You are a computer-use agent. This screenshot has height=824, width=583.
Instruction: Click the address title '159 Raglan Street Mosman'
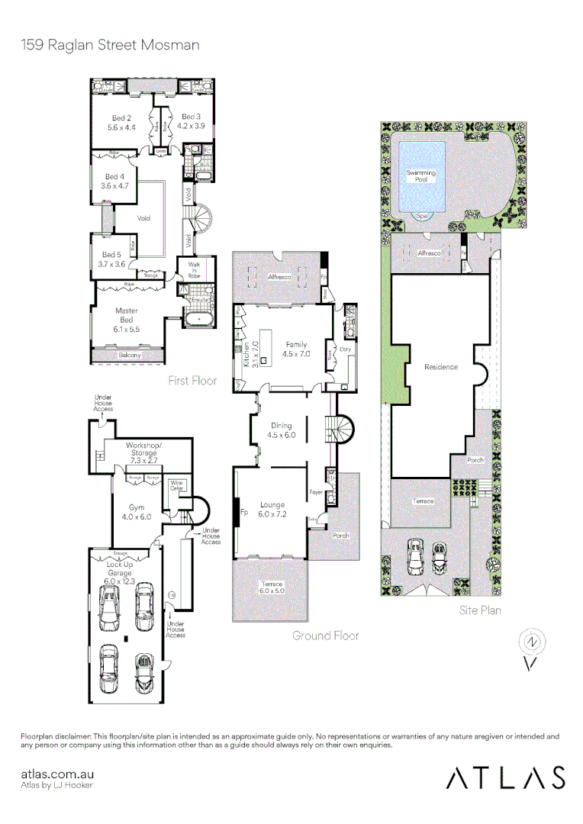click(110, 45)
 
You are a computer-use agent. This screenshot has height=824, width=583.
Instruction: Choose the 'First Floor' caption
click(192, 380)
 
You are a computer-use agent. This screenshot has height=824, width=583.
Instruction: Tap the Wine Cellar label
click(176, 485)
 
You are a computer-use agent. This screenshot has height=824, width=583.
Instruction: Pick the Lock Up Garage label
click(119, 568)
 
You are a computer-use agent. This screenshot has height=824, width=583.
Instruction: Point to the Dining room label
click(282, 430)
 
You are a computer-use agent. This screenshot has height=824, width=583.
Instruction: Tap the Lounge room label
click(272, 509)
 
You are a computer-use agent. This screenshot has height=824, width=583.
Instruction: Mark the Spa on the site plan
click(421, 217)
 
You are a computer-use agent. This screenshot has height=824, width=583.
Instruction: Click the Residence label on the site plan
click(441, 367)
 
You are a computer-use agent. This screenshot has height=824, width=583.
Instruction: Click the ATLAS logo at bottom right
click(505, 777)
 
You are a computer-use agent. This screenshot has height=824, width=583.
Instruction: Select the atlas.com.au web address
click(51, 774)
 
